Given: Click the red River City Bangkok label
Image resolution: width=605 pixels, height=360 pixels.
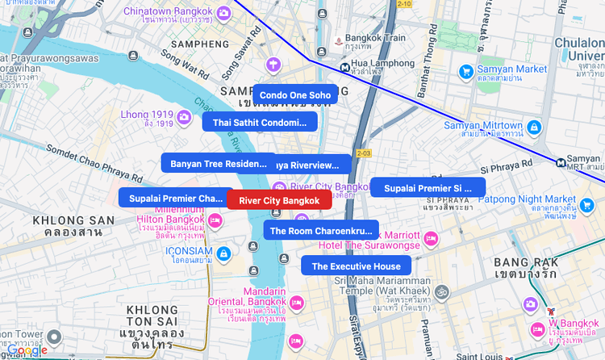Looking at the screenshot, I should click(279, 200).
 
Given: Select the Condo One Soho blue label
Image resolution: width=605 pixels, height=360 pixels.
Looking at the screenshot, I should click(295, 95).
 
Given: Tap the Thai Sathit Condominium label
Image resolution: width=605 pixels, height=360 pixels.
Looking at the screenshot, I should click(260, 123).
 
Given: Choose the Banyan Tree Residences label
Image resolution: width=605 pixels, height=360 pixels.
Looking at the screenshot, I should click(218, 164).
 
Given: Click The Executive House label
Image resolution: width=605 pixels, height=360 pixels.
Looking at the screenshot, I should click(356, 266).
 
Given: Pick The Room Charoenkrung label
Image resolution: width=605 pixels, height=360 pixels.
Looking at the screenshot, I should click(321, 231).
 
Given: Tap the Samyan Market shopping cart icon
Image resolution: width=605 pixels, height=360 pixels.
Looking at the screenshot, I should click(465, 72).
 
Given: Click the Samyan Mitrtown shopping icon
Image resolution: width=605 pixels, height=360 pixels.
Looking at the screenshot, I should click(534, 127).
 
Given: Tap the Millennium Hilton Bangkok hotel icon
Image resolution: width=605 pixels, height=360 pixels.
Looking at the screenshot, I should click(215, 220).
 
